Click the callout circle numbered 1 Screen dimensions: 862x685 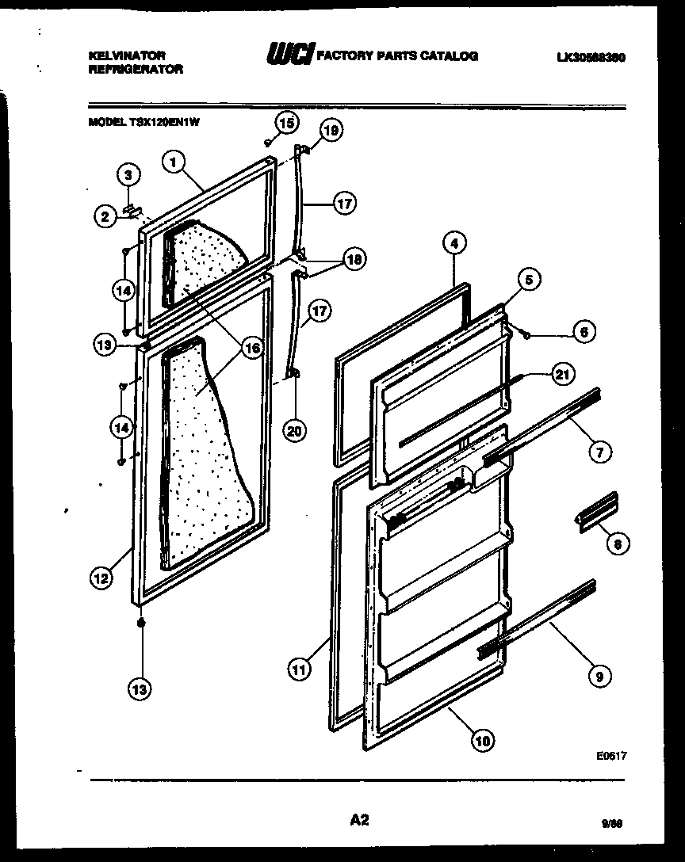tap(174, 162)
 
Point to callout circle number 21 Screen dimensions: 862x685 tap(562, 375)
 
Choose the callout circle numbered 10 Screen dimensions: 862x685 tap(482, 741)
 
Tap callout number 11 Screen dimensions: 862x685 tap(298, 669)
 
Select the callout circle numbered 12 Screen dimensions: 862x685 tap(100, 579)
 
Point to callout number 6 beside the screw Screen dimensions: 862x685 tap(583, 333)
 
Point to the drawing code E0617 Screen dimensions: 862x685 tap(611, 756)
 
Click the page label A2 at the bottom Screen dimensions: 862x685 tap(359, 820)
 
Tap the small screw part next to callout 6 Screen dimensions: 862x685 tap(526, 334)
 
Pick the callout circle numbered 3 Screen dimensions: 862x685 tap(129, 174)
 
